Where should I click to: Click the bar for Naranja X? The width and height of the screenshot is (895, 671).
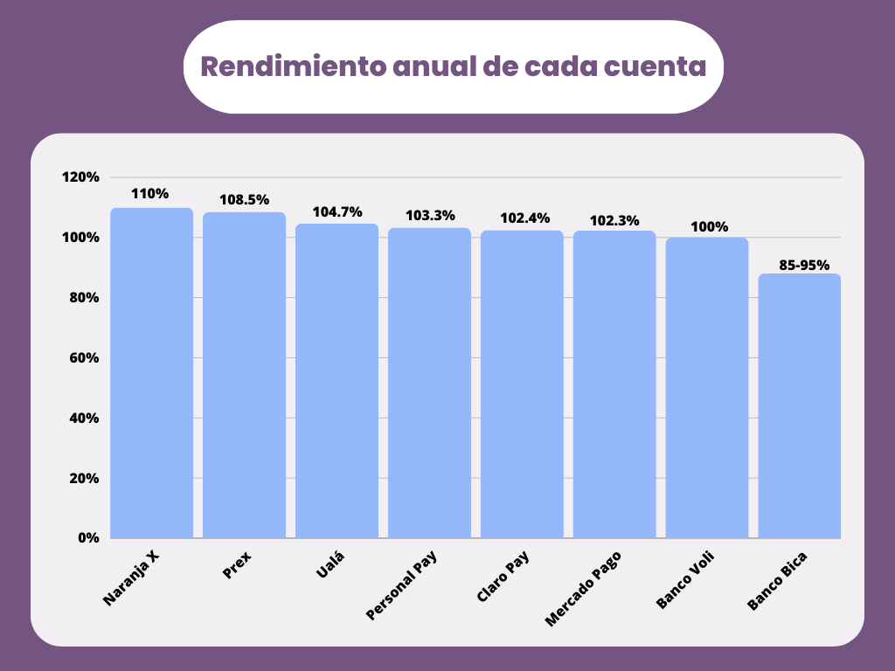point(152,373)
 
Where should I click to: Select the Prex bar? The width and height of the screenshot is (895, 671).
point(245,376)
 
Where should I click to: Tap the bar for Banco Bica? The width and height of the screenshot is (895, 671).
point(799,406)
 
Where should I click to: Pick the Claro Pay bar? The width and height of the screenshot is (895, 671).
point(522,384)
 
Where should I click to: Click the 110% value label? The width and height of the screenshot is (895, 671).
point(149,194)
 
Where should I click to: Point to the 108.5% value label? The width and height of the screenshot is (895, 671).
point(244,199)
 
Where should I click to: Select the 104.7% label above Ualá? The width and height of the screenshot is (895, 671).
point(336,211)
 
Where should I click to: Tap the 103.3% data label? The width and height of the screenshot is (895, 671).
point(429,215)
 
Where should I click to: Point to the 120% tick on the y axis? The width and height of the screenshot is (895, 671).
point(80,177)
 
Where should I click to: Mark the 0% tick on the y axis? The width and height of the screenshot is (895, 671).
point(88,538)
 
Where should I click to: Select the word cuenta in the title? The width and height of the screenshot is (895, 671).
point(652,66)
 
